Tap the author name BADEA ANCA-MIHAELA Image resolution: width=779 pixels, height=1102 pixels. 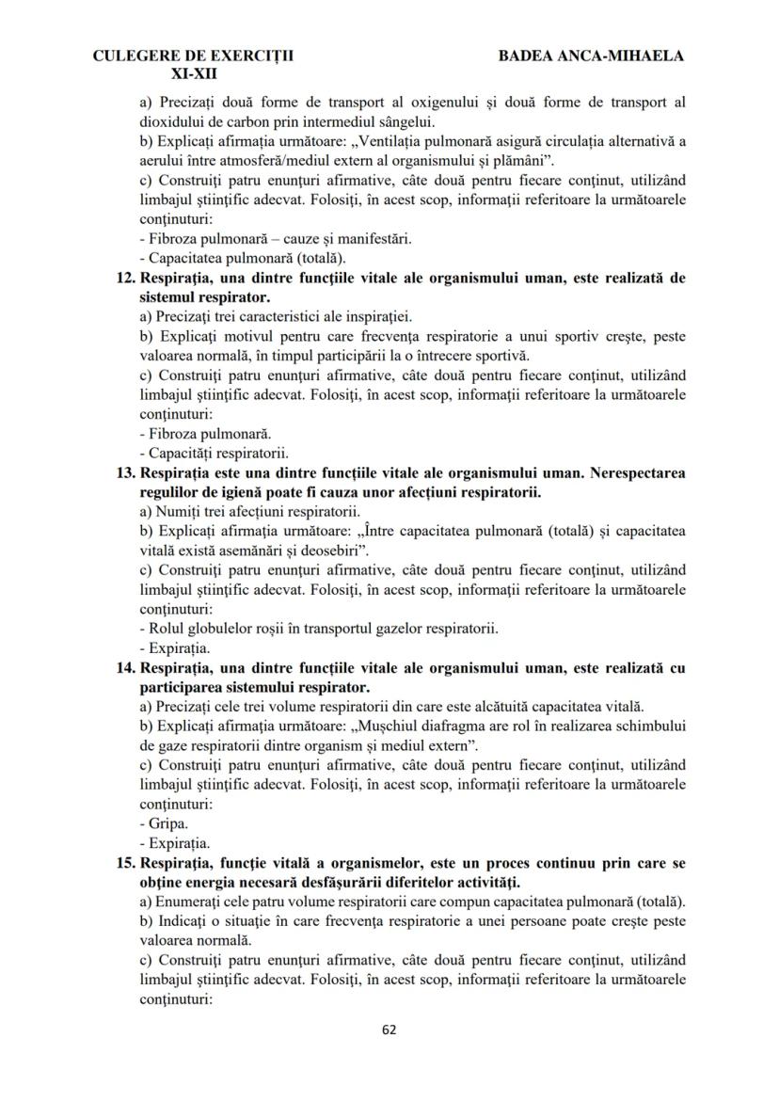(591, 56)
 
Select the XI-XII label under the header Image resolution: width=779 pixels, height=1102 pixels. (194, 72)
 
